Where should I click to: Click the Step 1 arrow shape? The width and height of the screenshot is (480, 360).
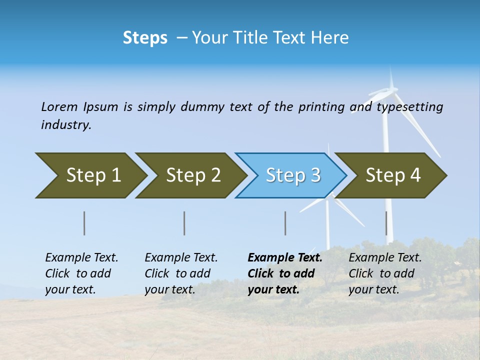click(x=90, y=175)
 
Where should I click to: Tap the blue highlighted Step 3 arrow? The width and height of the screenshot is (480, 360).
click(x=291, y=175)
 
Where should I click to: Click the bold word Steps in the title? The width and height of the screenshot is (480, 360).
click(x=145, y=38)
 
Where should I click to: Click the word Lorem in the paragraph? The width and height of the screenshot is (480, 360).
click(x=59, y=106)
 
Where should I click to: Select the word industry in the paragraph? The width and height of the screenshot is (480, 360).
click(x=65, y=125)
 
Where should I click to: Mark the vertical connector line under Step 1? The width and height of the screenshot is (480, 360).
click(x=84, y=223)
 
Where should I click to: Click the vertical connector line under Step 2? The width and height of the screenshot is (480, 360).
click(x=184, y=223)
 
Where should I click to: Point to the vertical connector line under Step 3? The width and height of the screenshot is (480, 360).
click(x=285, y=223)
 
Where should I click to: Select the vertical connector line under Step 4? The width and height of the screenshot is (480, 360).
click(x=386, y=223)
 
